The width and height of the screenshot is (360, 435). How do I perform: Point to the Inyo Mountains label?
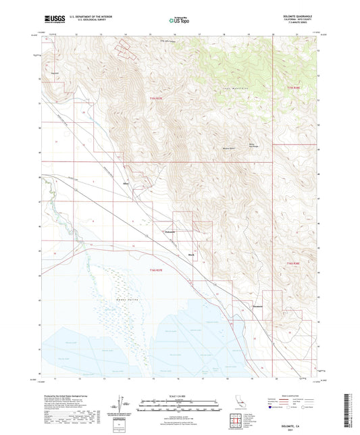232,88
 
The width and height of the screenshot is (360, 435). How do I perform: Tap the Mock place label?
191,254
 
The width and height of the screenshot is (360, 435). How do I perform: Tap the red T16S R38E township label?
291,264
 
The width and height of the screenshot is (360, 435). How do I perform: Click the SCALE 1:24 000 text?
179,395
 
